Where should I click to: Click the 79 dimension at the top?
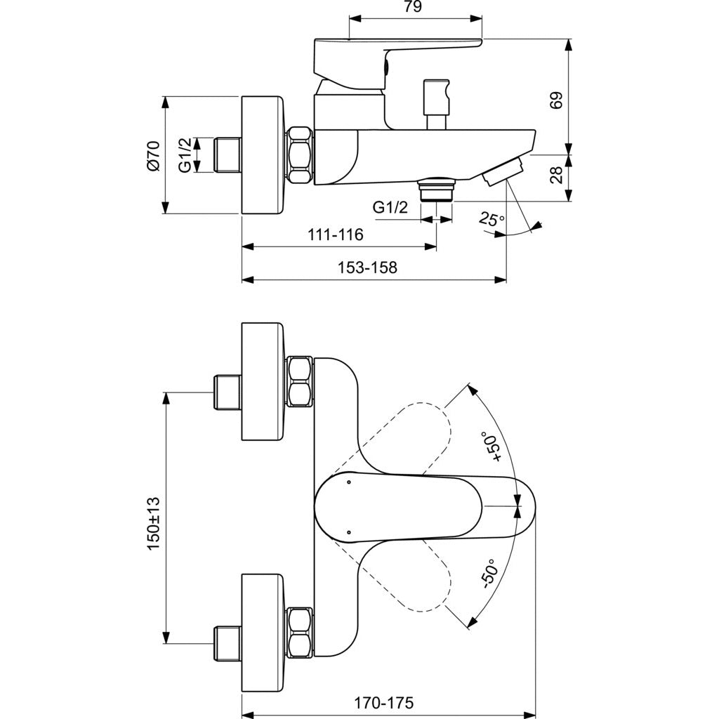(414, 8)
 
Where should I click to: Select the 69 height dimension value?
(557, 100)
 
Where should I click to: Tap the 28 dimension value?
(557, 175)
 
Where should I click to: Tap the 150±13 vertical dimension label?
(153, 523)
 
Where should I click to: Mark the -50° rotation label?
(489, 574)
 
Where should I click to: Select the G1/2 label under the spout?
(390, 208)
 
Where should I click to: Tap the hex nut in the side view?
(300, 156)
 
